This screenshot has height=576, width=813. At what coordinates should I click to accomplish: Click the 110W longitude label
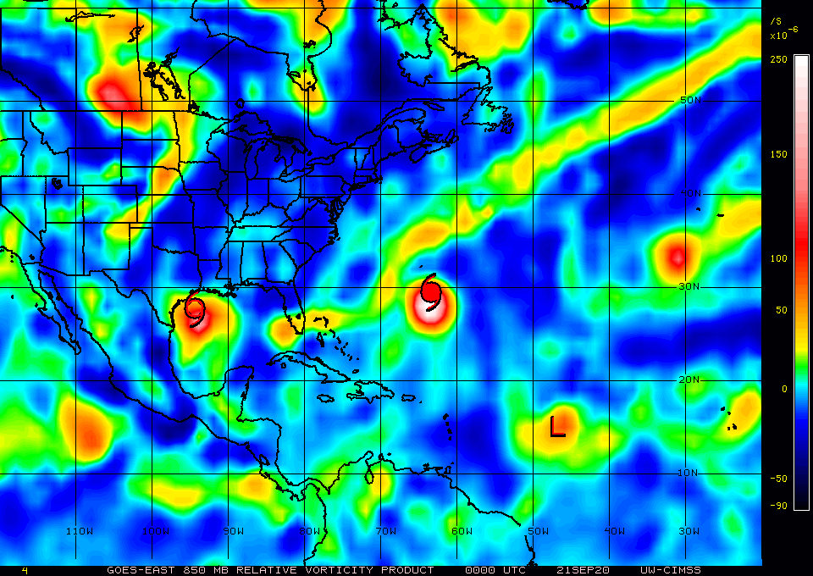[79, 531]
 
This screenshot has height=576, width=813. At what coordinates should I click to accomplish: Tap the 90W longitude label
[234, 531]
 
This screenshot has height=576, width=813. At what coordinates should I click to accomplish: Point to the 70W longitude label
[385, 531]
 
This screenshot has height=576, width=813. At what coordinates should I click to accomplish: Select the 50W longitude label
[538, 531]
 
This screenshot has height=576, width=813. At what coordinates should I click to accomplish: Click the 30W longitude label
[689, 531]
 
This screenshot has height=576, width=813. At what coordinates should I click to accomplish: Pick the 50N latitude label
[691, 100]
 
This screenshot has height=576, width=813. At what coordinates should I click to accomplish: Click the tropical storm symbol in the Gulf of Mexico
[196, 312]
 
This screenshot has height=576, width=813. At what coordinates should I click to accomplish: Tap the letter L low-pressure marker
[557, 426]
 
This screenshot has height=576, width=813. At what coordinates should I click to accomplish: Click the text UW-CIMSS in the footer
[671, 570]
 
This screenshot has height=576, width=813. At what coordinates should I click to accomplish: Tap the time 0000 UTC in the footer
[495, 570]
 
